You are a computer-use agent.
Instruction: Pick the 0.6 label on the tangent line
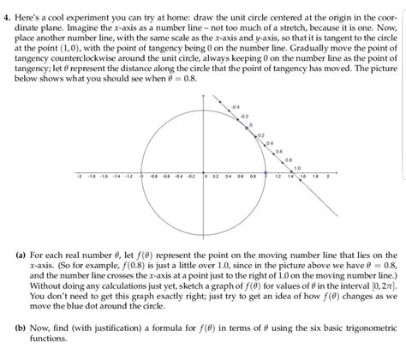tap(278, 151)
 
